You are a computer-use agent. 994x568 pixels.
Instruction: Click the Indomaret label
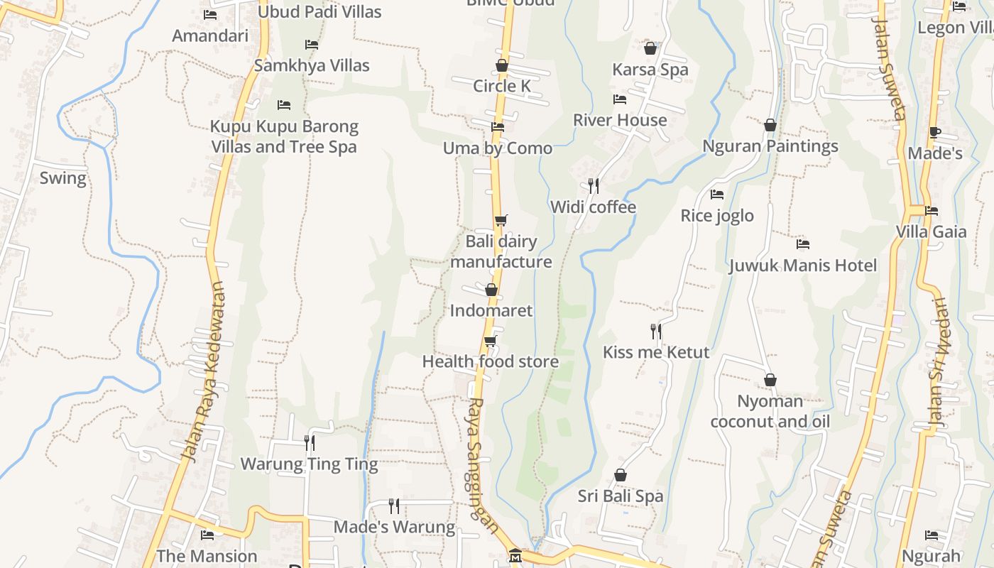491,310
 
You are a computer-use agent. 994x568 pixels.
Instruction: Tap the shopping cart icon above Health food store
490,342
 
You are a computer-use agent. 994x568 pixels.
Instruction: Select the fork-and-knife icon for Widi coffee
594,186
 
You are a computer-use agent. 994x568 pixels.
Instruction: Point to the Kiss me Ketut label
656,352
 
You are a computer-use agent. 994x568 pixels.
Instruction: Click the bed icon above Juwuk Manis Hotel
803,244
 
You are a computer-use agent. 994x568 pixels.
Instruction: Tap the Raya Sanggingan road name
480,458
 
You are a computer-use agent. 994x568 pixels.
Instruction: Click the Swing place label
62,177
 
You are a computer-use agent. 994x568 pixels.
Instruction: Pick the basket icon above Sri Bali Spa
621,475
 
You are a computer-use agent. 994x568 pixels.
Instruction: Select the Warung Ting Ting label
309,464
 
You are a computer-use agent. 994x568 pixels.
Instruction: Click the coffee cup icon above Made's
934,133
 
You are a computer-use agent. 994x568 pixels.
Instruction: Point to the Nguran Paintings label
770,146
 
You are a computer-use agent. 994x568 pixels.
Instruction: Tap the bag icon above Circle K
502,66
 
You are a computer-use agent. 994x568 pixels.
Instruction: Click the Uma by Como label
498,148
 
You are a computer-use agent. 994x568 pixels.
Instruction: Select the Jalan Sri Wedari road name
940,362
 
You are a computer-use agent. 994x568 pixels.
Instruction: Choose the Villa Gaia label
931,231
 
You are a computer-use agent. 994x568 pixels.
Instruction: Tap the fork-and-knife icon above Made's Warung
394,506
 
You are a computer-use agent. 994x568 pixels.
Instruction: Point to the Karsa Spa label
650,70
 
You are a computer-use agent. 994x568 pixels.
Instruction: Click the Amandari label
210,35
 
